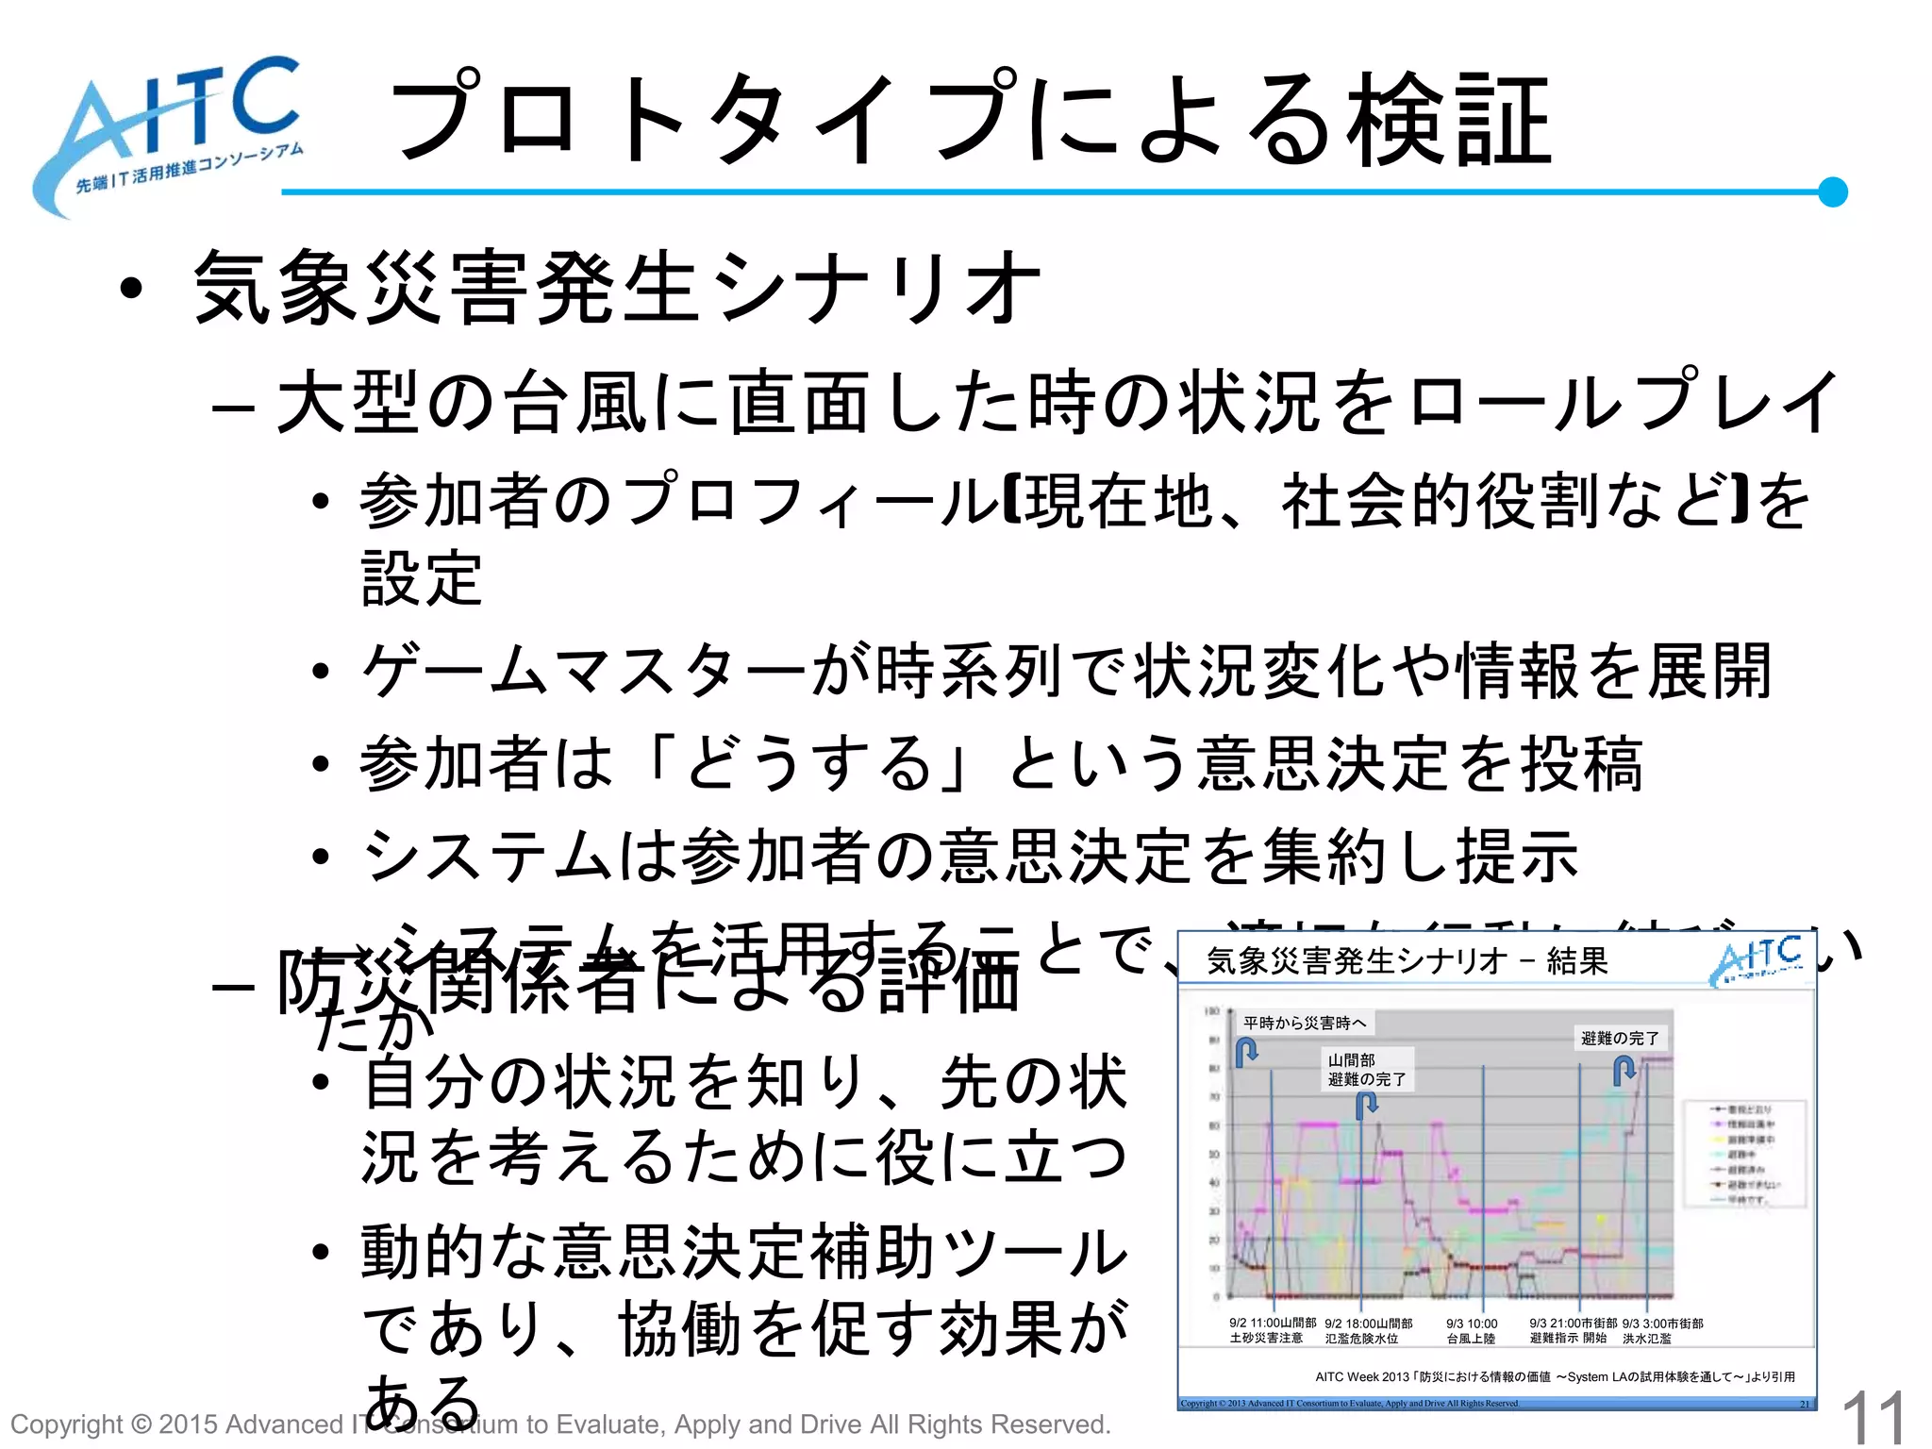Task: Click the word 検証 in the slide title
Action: tap(1448, 121)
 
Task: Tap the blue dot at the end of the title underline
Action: tap(1832, 192)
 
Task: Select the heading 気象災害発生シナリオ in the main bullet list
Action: tap(618, 288)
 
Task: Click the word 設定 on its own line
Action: tap(422, 578)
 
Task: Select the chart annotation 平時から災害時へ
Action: tap(1304, 1023)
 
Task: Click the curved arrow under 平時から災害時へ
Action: tap(1246, 1051)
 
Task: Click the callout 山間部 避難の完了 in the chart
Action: tap(1367, 1070)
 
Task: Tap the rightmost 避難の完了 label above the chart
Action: tap(1620, 1038)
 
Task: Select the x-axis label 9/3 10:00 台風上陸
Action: tap(1472, 1331)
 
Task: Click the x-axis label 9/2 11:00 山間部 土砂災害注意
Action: tap(1272, 1331)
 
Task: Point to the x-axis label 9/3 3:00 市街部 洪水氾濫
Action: tap(1662, 1331)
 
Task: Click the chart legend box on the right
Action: tap(1744, 1154)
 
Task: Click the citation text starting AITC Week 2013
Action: tap(1555, 1376)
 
